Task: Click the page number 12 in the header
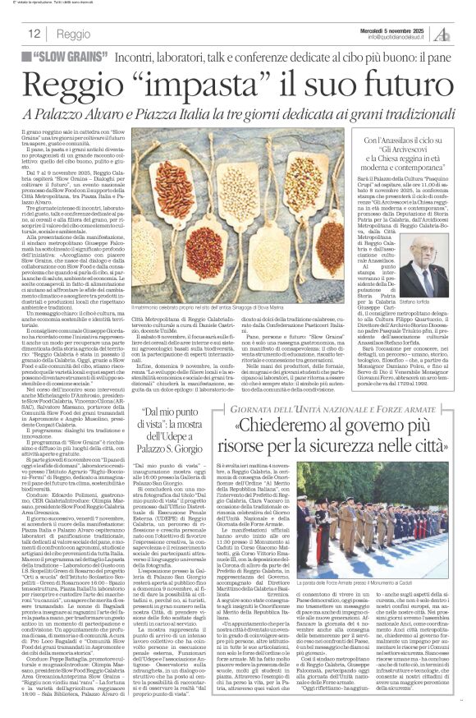35,33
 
